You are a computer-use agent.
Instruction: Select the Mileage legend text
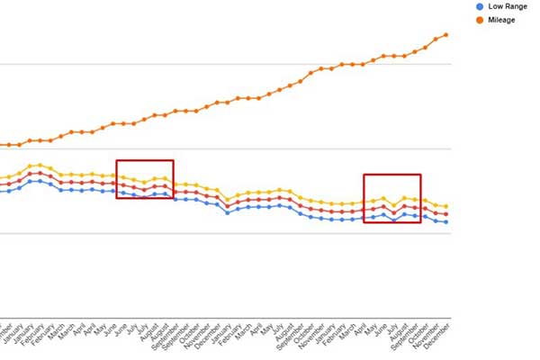click(501, 19)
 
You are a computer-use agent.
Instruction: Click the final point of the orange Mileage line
click(446, 35)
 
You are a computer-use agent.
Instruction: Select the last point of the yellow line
click(446, 207)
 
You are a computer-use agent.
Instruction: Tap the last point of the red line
click(446, 214)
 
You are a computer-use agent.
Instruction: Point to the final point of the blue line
click(446, 222)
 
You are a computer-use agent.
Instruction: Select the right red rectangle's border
click(364, 198)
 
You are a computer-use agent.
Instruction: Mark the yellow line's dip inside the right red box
click(394, 205)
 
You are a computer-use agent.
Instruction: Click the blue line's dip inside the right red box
click(394, 220)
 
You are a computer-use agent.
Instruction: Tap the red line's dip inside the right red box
click(394, 213)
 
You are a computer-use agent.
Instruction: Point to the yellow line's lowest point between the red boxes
click(228, 199)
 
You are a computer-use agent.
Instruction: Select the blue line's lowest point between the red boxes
click(228, 213)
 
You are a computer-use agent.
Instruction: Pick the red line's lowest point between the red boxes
click(228, 206)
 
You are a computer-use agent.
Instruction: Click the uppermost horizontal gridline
click(225, 65)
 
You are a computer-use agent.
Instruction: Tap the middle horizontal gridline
click(225, 148)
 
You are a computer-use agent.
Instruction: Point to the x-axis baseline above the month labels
click(225, 317)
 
